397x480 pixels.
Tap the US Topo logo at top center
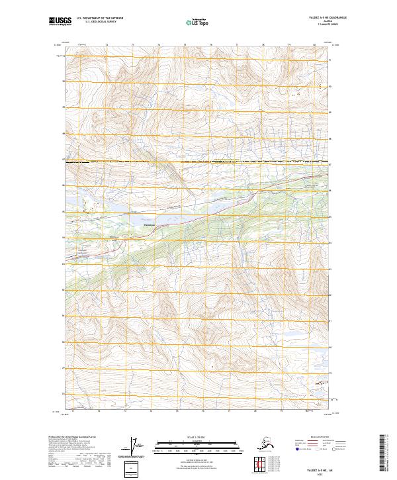[x=195, y=23]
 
